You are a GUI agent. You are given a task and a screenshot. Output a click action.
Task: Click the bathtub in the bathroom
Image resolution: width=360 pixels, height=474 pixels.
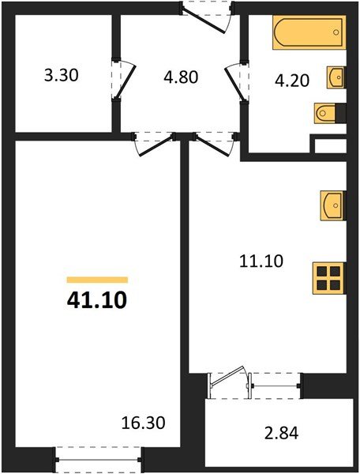pyautogui.click(x=309, y=34)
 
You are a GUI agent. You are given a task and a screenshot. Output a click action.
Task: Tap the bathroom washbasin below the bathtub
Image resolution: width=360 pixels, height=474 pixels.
pyautogui.click(x=336, y=77)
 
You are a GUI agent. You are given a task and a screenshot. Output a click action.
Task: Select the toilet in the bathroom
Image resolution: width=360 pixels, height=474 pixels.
pyautogui.click(x=327, y=115)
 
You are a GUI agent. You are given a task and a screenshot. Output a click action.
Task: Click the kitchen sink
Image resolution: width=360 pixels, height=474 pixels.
pyautogui.click(x=333, y=207)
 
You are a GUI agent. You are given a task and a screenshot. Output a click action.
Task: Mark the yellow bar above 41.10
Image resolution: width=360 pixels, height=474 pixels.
pyautogui.click(x=97, y=280)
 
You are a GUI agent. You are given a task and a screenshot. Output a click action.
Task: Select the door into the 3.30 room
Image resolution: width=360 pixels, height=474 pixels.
pyautogui.click(x=118, y=79)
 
